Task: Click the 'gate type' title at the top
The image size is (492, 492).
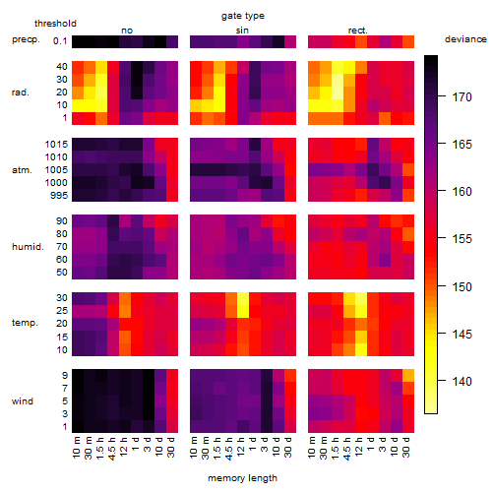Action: (x=243, y=16)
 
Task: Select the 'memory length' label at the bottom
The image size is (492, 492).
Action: (x=243, y=478)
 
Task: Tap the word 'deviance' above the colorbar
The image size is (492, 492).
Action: (x=465, y=39)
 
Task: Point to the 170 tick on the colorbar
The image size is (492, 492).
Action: (x=442, y=96)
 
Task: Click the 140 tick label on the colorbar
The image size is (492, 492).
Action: (x=462, y=381)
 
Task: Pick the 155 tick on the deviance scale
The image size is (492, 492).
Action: (x=442, y=238)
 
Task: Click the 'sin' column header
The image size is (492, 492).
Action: (x=242, y=31)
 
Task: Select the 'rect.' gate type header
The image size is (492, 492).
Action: (x=358, y=31)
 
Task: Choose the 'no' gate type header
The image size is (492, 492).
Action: (x=127, y=31)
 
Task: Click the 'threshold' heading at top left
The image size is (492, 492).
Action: (x=55, y=24)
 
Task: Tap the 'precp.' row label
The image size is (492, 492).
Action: (x=26, y=39)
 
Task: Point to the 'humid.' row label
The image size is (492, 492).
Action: (x=28, y=246)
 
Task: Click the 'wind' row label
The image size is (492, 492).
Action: (x=23, y=401)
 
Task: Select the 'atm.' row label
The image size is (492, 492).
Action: (x=22, y=170)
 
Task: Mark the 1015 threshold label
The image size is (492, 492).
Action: (x=56, y=145)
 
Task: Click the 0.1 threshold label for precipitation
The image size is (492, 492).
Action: (x=60, y=41)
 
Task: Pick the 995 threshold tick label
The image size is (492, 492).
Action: (x=59, y=196)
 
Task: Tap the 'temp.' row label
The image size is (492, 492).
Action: (x=25, y=323)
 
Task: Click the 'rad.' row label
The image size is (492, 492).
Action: (x=21, y=92)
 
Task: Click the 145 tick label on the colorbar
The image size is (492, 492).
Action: (x=462, y=335)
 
